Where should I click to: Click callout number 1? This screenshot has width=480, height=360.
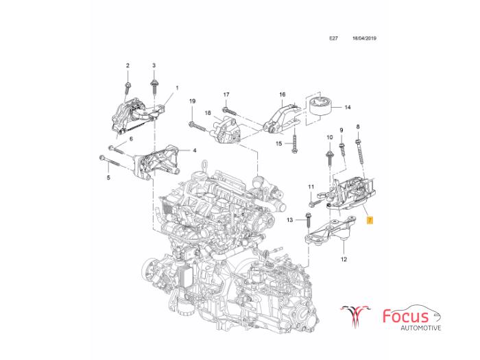[176, 88]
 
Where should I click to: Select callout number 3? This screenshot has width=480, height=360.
[154, 65]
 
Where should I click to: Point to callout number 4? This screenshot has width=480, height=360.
[195, 150]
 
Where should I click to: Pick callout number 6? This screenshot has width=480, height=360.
[130, 138]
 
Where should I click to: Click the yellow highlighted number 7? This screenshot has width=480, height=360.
[370, 220]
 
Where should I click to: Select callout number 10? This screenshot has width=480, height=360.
[329, 138]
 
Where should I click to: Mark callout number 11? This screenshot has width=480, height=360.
[311, 187]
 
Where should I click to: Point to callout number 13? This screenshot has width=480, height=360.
[289, 219]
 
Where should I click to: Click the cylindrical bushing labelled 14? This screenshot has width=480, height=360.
[319, 106]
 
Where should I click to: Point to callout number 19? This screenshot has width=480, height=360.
[193, 101]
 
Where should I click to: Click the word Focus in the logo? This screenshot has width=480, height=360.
[405, 316]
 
